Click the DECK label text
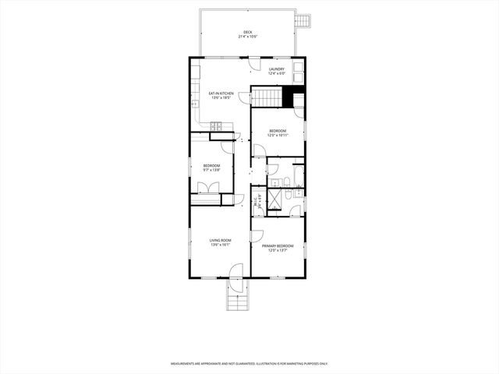coord(248,32)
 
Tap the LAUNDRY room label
coord(277,69)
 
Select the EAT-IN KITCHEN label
coord(221,93)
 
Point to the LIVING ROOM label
coord(221,240)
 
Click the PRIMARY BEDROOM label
coord(278,246)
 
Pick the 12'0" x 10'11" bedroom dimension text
coord(278,135)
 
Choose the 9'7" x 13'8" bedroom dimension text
coord(211,169)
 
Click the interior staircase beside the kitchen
coord(265,97)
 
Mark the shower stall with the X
coord(275,199)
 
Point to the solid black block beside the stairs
coord(293,98)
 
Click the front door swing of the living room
coord(237,270)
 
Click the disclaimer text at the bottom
coord(249,363)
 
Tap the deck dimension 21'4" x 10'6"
coord(248,37)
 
